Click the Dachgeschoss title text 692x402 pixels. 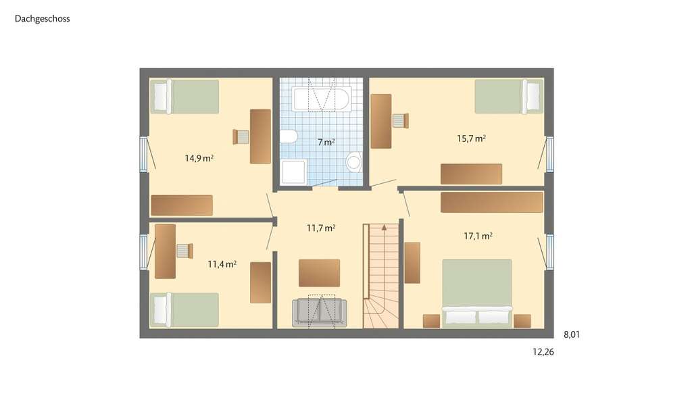pyautogui.click(x=42, y=19)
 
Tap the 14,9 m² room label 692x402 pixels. pyautogui.click(x=199, y=159)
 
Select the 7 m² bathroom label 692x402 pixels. pyautogui.click(x=326, y=143)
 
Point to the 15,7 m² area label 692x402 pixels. pyautogui.click(x=472, y=139)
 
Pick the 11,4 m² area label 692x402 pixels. pyautogui.click(x=222, y=264)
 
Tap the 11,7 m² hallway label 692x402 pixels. pyautogui.click(x=321, y=228)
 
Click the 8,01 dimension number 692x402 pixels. pyautogui.click(x=572, y=334)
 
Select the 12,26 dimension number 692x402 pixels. pyautogui.click(x=543, y=352)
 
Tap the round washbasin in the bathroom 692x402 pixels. pyautogui.click(x=353, y=162)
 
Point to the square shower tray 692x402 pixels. pyautogui.click(x=293, y=173)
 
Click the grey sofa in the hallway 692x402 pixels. pyautogui.click(x=320, y=312)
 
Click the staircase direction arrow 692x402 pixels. pyautogui.click(x=385, y=228)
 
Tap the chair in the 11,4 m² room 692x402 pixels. pyautogui.click(x=184, y=251)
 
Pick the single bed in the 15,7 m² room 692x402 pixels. pyautogui.click(x=508, y=97)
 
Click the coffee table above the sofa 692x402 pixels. pyautogui.click(x=319, y=273)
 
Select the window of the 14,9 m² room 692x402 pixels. pyautogui.click(x=143, y=154)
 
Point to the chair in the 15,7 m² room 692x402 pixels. pyautogui.click(x=400, y=120)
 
